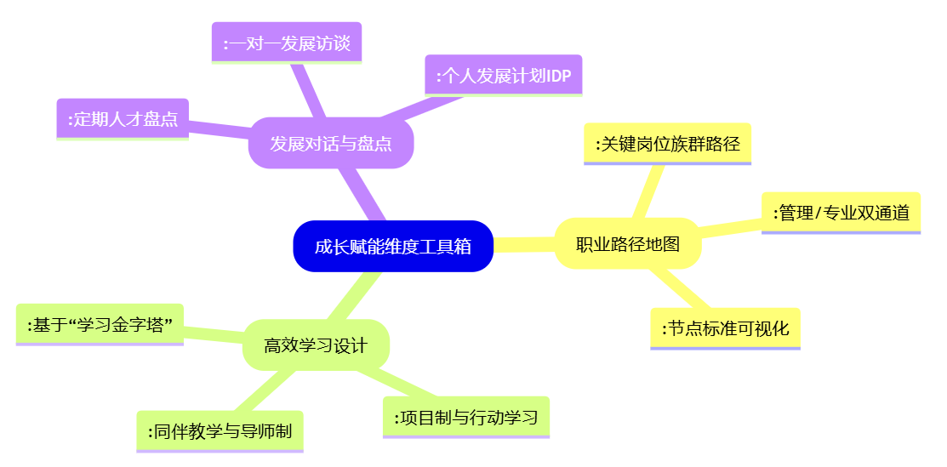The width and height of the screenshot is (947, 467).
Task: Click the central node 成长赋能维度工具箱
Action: (393, 247)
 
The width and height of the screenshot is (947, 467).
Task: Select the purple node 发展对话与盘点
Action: (331, 143)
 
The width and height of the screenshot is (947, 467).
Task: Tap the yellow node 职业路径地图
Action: (628, 244)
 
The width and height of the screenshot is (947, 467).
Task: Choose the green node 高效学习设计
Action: (316, 345)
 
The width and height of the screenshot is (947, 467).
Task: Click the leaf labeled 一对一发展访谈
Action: (287, 43)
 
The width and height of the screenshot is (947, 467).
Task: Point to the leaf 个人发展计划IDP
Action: (503, 76)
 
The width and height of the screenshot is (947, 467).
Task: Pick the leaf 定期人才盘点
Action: (123, 119)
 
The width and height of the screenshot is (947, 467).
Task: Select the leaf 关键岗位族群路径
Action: (667, 144)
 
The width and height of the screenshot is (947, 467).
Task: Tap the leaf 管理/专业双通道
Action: (841, 213)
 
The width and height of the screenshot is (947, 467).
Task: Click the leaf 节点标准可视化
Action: (725, 328)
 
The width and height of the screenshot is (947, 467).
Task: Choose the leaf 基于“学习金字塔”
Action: (100, 324)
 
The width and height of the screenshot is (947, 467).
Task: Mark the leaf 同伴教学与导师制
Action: (220, 431)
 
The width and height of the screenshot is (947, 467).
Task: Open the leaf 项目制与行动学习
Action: (466, 417)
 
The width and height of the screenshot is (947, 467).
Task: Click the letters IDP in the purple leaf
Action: (559, 77)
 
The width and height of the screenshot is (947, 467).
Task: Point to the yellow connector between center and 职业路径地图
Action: (524, 245)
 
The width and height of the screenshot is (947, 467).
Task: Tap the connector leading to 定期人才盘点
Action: (219, 129)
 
